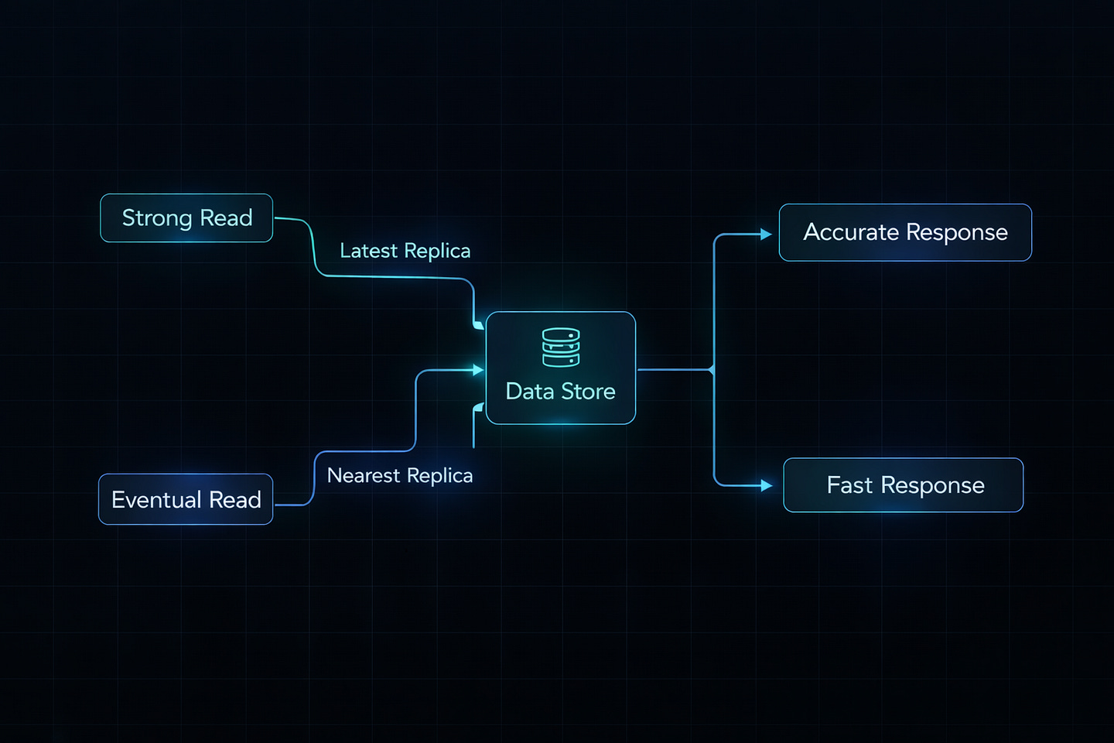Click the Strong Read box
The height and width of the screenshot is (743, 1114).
click(186, 218)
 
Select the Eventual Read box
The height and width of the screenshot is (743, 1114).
click(186, 499)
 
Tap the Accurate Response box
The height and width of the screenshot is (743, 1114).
click(905, 232)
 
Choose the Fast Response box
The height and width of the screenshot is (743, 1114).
click(903, 485)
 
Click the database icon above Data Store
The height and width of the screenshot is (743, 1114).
click(561, 348)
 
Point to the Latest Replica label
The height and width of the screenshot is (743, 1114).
click(405, 251)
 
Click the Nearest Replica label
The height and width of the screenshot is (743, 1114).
click(399, 475)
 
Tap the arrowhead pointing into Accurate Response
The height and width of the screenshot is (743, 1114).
click(766, 234)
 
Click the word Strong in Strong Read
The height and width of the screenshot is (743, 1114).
click(157, 218)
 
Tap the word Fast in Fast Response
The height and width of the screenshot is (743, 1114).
click(849, 485)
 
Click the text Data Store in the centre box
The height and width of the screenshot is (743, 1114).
click(560, 392)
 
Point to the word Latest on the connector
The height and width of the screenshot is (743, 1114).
click(368, 251)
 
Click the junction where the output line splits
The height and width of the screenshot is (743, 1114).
click(712, 370)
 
